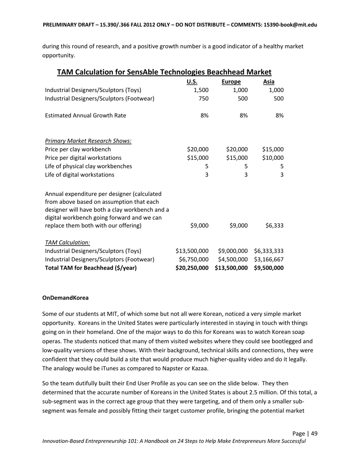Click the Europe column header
tap(231, 82)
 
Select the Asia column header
tap(269, 82)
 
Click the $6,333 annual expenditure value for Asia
tap(274, 225)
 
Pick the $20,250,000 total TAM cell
tap(192, 268)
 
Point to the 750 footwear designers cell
tap(203, 99)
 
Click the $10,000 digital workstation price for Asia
tap(273, 158)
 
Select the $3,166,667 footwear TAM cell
tap(269, 260)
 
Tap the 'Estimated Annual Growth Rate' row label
tap(86, 116)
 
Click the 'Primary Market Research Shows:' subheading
tap(88, 141)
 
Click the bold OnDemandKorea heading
tap(66, 298)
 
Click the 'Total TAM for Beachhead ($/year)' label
tap(91, 268)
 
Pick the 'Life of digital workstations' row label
tap(80, 175)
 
